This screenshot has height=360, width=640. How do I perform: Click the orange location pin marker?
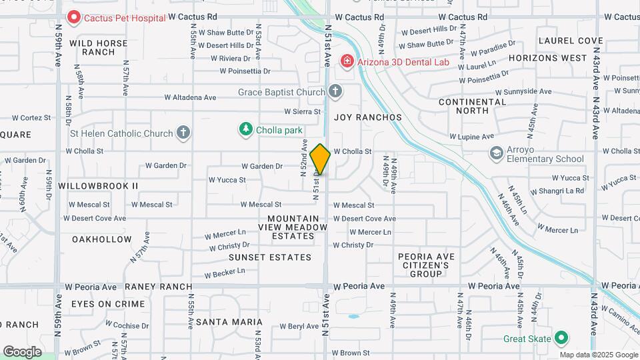click(x=320, y=159)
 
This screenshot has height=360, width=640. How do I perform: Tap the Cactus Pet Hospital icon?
click(x=73, y=17)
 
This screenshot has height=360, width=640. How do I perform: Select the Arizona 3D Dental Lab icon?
click(x=347, y=62)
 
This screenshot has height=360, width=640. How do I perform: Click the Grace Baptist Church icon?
click(x=335, y=91)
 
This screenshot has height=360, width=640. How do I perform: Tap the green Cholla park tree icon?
click(x=246, y=129)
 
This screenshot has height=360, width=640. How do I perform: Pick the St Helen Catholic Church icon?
click(x=183, y=133)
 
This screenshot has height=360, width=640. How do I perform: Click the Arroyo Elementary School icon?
click(x=496, y=153)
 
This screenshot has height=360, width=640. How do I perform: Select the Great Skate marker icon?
click(x=561, y=338)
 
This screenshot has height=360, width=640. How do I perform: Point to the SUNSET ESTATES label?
click(x=270, y=257)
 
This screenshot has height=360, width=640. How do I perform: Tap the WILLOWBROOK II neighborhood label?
click(x=98, y=185)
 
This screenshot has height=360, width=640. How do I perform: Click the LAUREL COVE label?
click(x=570, y=41)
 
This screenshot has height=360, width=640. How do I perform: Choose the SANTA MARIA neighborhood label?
click(x=229, y=322)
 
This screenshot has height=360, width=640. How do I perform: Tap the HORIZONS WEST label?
click(x=547, y=58)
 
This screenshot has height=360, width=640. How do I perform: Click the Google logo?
click(x=22, y=351)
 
